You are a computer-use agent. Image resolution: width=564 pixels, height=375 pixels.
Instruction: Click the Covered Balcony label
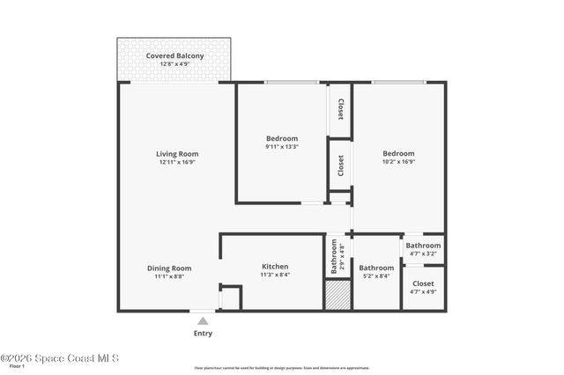(x=174, y=55)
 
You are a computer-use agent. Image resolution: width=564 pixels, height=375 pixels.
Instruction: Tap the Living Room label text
(x=177, y=154)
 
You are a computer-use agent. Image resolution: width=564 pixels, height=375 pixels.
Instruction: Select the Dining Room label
(x=169, y=268)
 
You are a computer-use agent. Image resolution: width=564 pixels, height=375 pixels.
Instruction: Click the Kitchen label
(x=275, y=267)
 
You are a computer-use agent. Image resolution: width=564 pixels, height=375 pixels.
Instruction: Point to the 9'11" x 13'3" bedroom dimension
(x=282, y=147)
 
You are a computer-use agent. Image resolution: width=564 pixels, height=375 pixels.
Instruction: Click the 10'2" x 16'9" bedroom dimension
(x=398, y=162)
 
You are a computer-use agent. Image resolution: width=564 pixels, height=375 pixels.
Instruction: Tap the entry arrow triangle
(x=203, y=321)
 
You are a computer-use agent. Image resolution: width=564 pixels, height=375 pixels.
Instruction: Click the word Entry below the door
(x=203, y=334)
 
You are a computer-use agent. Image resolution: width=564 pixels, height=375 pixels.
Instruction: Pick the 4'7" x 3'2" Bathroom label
(x=423, y=246)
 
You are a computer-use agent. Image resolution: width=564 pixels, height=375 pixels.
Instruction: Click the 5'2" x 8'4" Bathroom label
(x=376, y=268)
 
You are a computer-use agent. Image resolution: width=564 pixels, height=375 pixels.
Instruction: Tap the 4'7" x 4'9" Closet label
(x=423, y=284)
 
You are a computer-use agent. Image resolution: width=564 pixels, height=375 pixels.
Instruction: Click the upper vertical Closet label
(x=340, y=109)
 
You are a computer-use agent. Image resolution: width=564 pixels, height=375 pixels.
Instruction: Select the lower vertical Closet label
(x=340, y=165)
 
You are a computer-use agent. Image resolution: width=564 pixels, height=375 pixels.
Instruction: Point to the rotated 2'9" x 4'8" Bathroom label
(x=338, y=256)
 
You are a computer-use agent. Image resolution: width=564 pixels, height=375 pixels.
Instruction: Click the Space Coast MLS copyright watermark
(x=59, y=358)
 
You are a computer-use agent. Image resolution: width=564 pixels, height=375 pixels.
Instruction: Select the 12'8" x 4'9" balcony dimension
(x=174, y=64)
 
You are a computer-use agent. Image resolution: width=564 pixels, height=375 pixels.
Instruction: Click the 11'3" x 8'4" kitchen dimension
(x=275, y=275)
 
